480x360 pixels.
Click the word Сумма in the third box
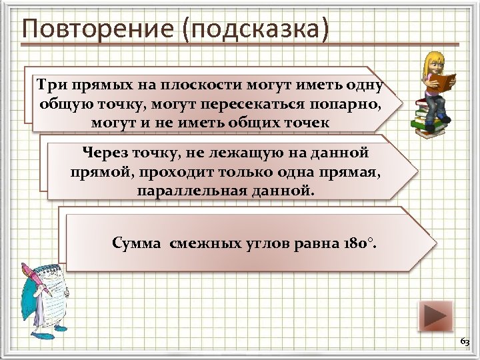tap(137, 243)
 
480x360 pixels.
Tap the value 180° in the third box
tap(361, 243)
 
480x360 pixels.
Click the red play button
tap(435, 316)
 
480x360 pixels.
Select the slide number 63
tap(464, 341)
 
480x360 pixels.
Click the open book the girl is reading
tap(441, 81)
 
